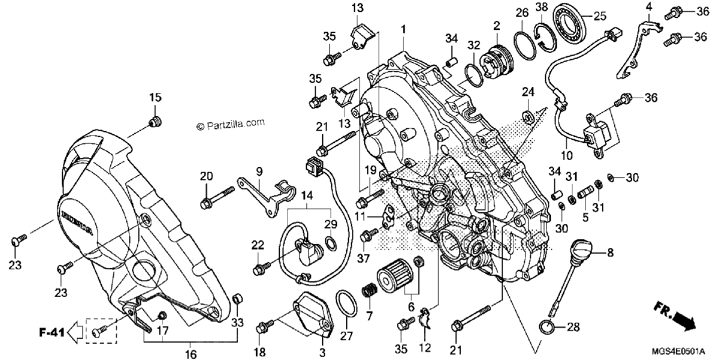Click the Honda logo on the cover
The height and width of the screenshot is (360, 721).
pos(77,222)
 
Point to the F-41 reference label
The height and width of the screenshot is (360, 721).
pos(52,332)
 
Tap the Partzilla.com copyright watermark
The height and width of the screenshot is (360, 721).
pos(231,124)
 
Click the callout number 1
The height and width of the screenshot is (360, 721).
pos(403,29)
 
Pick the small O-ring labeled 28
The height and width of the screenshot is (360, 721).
pos(547,328)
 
